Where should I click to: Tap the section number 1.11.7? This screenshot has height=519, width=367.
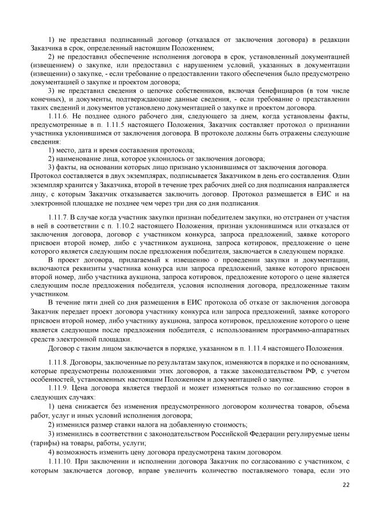point(60,218)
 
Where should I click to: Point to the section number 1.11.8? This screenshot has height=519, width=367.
point(60,363)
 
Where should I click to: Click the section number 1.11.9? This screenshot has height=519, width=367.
point(60,388)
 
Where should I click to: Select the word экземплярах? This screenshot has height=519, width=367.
point(129,177)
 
